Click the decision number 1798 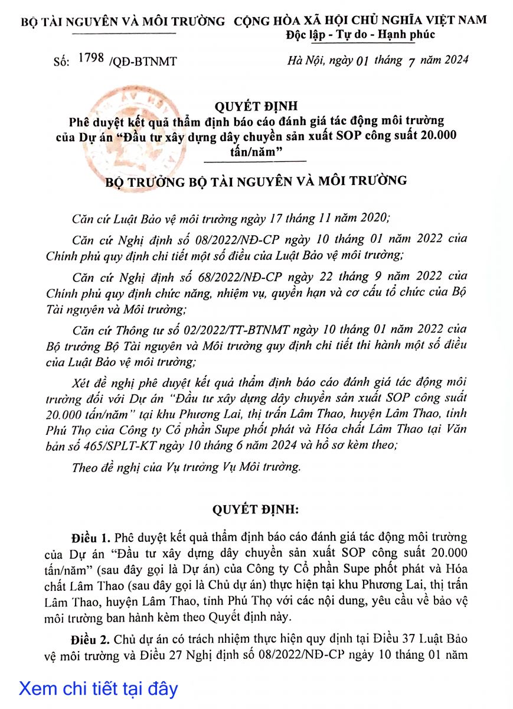(91, 58)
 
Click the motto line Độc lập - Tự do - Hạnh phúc (361, 34)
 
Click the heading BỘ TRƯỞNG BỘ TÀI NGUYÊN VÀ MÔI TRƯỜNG (256, 180)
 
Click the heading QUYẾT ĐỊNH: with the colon (256, 509)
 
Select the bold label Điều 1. (90, 538)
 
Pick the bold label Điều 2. (90, 640)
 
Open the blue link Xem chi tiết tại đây (98, 688)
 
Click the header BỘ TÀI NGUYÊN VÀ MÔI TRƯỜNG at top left (123, 22)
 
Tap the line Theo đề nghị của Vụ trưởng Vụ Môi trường (186, 467)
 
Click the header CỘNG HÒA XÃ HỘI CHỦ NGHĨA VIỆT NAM (360, 20)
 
